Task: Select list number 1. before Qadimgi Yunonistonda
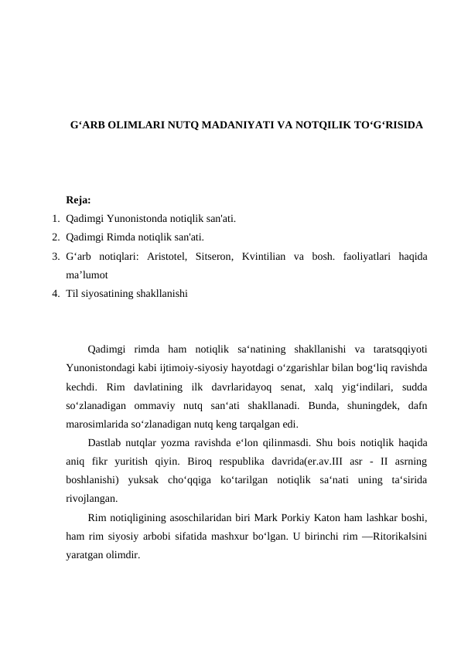(56, 219)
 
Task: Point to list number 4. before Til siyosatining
(56, 293)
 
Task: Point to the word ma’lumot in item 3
(87, 274)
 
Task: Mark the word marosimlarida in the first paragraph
(97, 422)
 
